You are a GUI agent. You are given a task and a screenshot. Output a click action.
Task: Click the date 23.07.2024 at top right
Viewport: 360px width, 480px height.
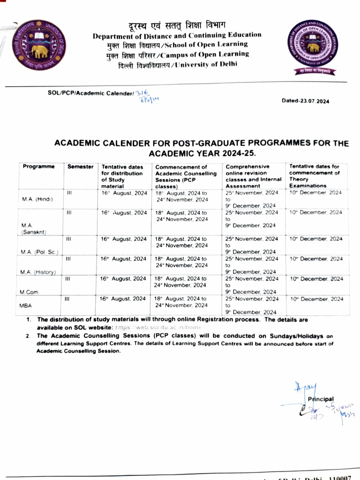point(305,101)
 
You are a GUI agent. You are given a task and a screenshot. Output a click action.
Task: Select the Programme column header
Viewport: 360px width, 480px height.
point(39,166)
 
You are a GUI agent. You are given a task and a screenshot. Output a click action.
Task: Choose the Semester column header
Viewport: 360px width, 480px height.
point(81,166)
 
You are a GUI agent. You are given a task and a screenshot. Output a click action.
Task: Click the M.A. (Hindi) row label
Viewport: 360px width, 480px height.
point(37,199)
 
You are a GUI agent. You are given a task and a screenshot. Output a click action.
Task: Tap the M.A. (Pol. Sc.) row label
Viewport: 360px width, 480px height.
point(39,252)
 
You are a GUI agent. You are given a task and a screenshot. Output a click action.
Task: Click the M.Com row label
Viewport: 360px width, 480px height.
point(29,292)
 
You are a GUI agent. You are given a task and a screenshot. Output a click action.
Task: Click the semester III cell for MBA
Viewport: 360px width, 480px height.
point(67,299)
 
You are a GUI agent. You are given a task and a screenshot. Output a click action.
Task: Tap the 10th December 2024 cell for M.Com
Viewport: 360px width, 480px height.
point(316,279)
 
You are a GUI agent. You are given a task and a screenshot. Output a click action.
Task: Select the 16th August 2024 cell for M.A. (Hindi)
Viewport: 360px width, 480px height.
point(124,193)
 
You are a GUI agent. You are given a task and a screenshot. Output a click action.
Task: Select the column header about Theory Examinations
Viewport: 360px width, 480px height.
point(315,176)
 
